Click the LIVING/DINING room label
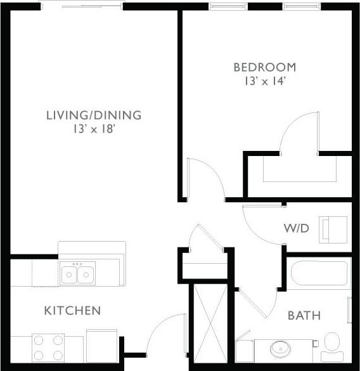click(x=93, y=115)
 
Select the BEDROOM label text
click(x=264, y=67)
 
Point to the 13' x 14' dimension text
click(x=264, y=81)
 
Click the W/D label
click(x=295, y=228)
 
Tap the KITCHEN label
click(x=72, y=311)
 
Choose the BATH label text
click(x=304, y=315)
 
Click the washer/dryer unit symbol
click(x=334, y=228)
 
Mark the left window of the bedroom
click(x=231, y=6)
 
